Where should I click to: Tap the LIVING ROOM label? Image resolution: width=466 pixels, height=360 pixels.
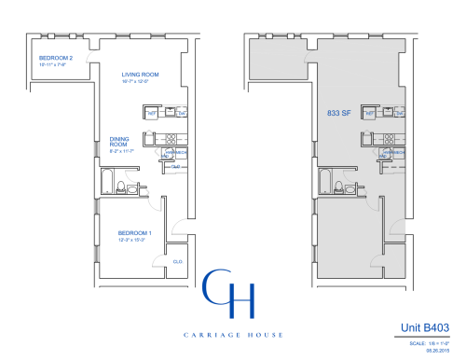click(140, 75)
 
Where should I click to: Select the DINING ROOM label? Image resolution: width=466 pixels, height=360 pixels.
click(118, 142)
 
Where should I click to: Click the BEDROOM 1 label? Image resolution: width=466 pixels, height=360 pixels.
click(133, 232)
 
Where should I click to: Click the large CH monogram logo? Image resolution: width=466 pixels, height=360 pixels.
click(227, 292)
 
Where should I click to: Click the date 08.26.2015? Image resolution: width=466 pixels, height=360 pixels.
click(437, 351)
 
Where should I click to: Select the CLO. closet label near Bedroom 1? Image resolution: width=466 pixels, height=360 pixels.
click(176, 261)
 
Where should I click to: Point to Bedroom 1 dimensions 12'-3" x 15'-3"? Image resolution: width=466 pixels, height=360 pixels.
click(133, 240)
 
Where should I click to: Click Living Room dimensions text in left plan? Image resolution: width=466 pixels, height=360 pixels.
click(140, 82)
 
